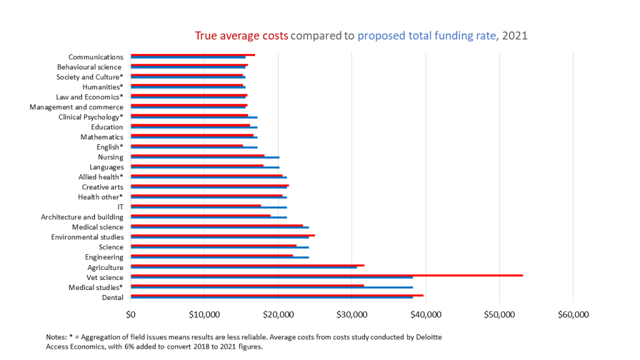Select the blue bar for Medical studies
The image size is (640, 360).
[x=272, y=287]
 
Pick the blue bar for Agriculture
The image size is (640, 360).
[x=244, y=267]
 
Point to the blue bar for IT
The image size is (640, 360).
[x=209, y=207]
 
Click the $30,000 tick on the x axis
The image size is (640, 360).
[x=352, y=314]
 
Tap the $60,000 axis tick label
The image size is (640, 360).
[x=573, y=314]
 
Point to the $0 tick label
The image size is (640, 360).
[x=131, y=314]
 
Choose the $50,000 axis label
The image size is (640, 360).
[x=499, y=314]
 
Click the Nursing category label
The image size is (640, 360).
[x=111, y=157]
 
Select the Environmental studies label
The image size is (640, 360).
[x=87, y=237]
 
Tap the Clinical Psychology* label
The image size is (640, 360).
[x=91, y=117]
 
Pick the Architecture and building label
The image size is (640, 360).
[x=82, y=217]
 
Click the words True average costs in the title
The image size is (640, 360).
[x=241, y=36]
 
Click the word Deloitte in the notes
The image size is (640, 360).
[x=425, y=337]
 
